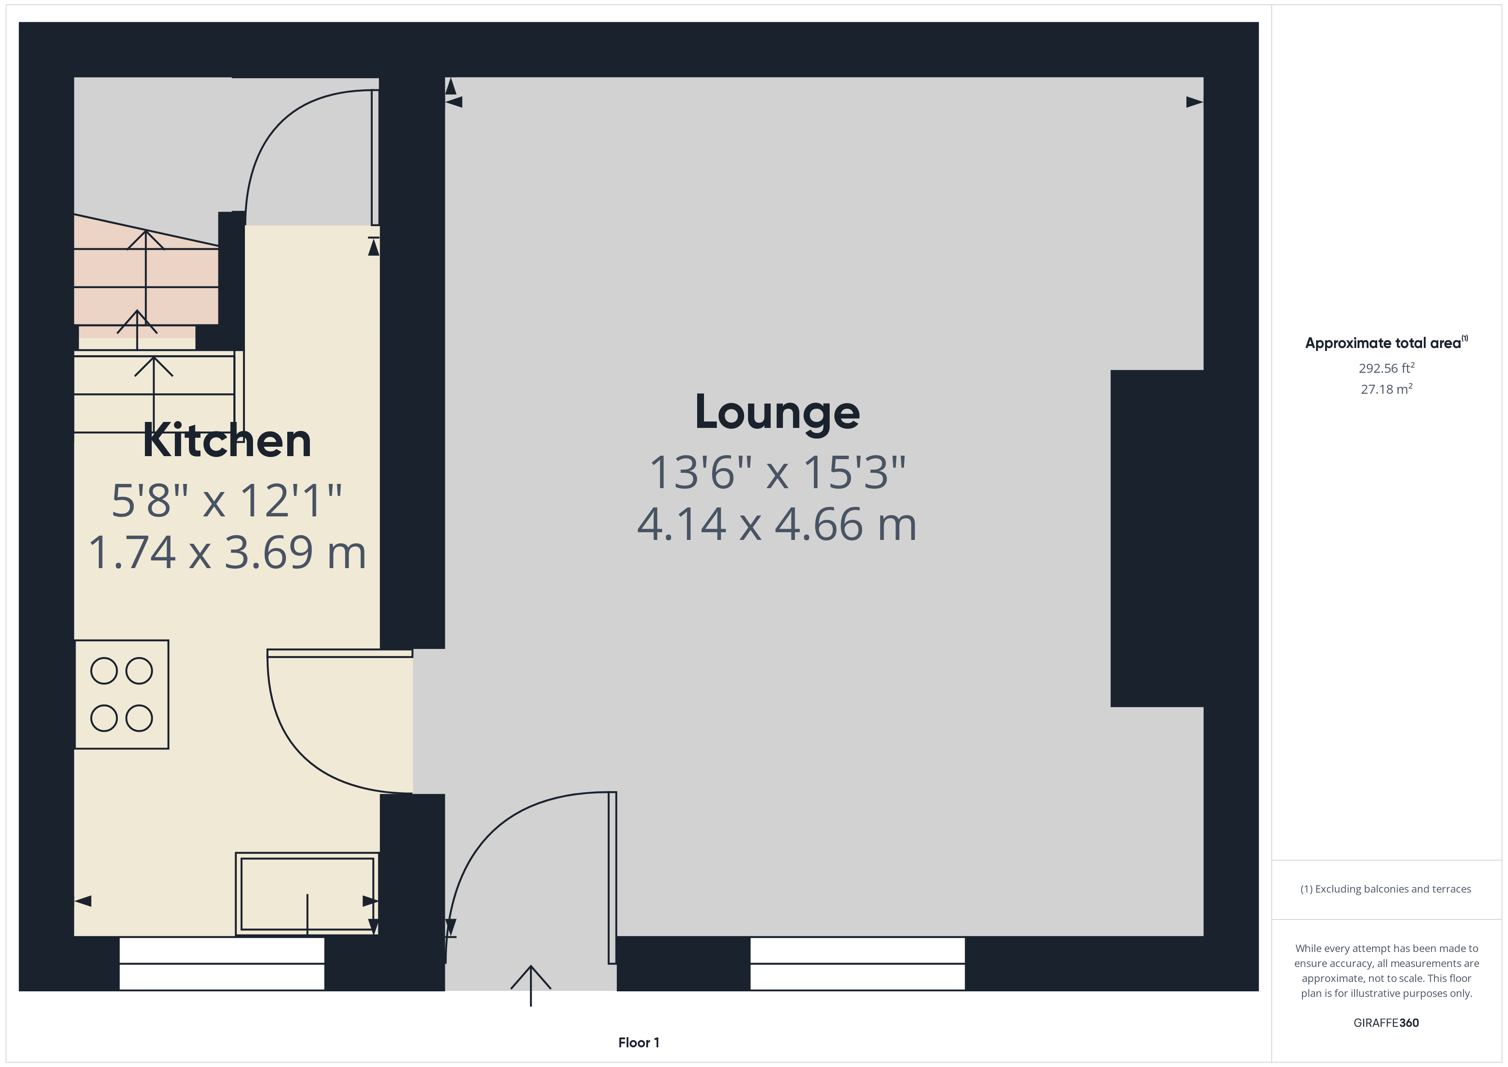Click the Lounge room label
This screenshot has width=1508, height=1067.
pyautogui.click(x=777, y=413)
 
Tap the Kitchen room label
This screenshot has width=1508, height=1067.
pyautogui.click(x=227, y=441)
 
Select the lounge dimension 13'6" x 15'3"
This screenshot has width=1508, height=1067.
pyautogui.click(x=777, y=472)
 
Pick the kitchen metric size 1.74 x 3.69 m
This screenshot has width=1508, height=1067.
pyautogui.click(x=227, y=553)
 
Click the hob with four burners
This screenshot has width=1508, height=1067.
pyautogui.click(x=121, y=695)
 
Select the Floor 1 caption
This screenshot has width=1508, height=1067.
pyautogui.click(x=639, y=1043)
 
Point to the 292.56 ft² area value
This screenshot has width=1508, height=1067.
pyautogui.click(x=1386, y=368)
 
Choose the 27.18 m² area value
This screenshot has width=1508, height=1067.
pyautogui.click(x=1386, y=389)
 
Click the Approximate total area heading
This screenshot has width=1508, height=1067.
pyautogui.click(x=1384, y=343)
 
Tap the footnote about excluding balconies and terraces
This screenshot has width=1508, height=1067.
pyautogui.click(x=1385, y=889)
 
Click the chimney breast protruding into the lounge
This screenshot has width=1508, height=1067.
pyautogui.click(x=1156, y=539)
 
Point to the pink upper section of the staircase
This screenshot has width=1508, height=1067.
pyautogui.click(x=146, y=276)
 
